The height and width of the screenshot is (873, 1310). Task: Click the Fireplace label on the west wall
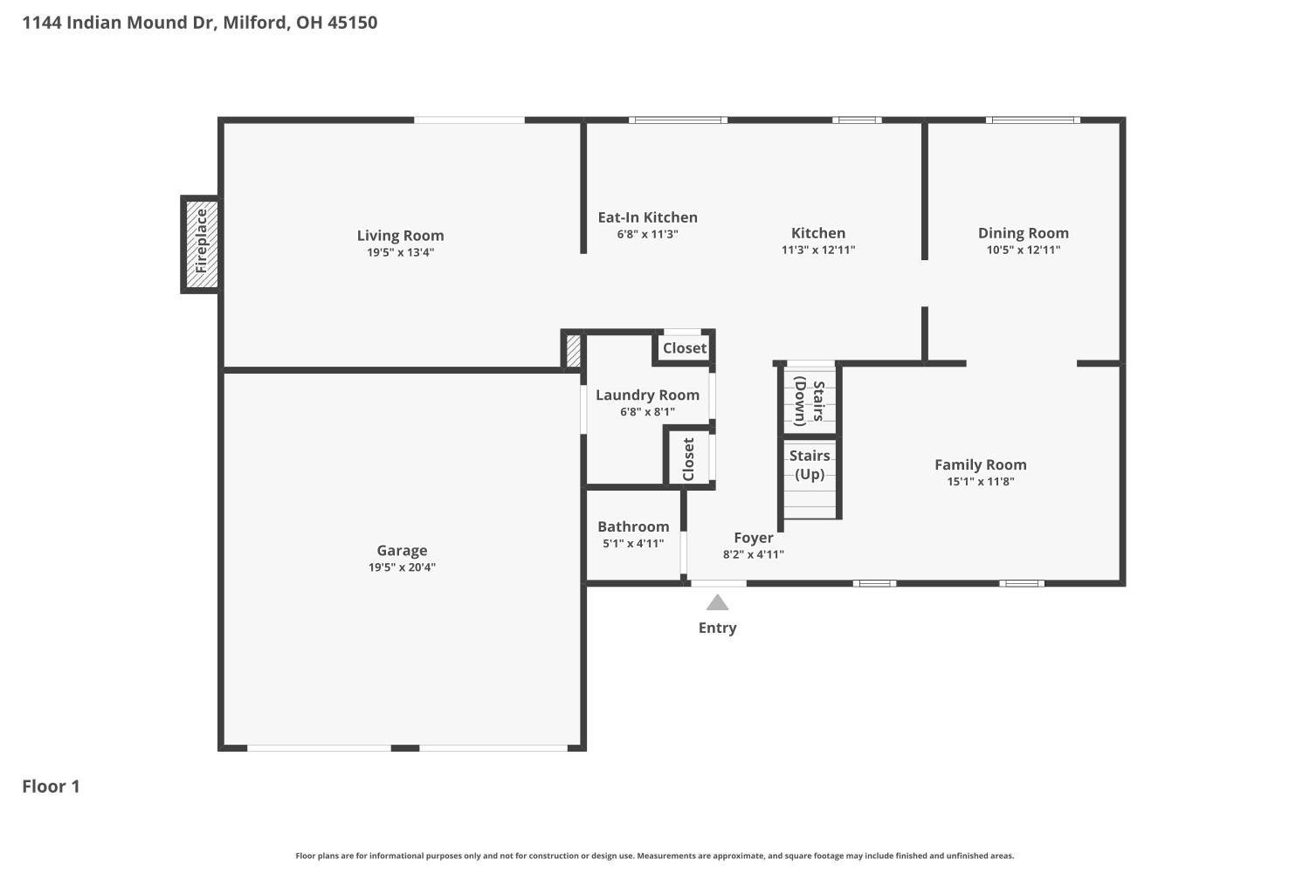[x=201, y=241]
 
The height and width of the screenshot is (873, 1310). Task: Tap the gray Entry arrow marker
[x=717, y=603]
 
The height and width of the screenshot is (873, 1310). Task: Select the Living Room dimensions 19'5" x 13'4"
[x=401, y=252]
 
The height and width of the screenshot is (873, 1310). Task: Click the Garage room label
[x=402, y=550]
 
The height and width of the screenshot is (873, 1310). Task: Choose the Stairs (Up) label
[x=810, y=464]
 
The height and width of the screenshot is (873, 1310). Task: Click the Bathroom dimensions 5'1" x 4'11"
[x=633, y=544]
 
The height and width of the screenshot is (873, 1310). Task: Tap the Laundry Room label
[x=647, y=395]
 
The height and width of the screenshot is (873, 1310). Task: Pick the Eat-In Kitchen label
[x=647, y=217]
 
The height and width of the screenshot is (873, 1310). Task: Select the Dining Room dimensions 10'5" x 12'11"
[x=1024, y=251]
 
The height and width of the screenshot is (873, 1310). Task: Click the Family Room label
[x=980, y=464]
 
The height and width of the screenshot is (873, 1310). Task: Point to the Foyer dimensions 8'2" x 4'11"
[x=753, y=555]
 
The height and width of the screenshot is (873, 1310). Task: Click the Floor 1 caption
[x=51, y=787]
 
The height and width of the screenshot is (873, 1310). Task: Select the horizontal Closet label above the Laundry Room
[x=684, y=348]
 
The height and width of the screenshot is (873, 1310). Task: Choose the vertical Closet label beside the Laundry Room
[x=688, y=459]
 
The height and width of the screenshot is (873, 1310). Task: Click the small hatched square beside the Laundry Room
[x=573, y=350]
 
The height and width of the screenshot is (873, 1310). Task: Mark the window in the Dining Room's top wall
[x=1033, y=120]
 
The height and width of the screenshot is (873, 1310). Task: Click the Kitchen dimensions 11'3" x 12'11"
[x=818, y=251]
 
